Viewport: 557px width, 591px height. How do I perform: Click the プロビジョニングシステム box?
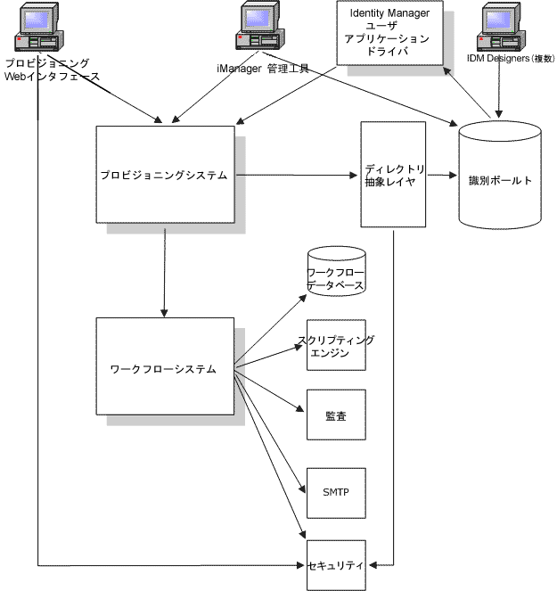[x=165, y=174]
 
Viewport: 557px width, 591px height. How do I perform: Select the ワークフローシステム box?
[x=165, y=367]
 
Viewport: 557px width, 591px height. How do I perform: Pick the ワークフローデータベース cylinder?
[x=337, y=274]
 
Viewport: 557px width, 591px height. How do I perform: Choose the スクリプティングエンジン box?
[x=337, y=344]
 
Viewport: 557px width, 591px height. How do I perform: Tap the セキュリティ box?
[x=337, y=564]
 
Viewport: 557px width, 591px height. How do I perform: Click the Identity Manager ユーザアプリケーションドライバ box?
[x=389, y=33]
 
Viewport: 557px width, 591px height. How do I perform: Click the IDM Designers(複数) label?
[x=512, y=59]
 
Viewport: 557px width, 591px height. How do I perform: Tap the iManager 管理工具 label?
[x=263, y=69]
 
